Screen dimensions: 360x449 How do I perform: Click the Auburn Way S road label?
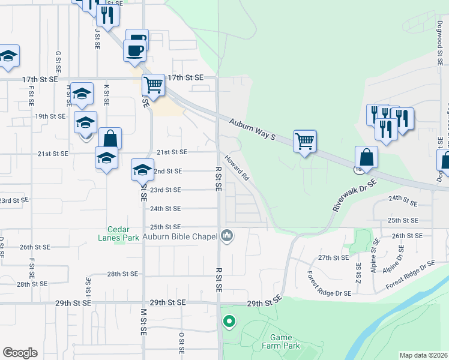pyautogui.click(x=252, y=129)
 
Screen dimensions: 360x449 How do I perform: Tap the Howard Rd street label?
pyautogui.click(x=237, y=167)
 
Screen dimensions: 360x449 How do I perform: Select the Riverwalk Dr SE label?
pyautogui.click(x=355, y=194)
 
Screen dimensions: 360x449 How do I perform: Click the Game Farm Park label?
pyautogui.click(x=281, y=342)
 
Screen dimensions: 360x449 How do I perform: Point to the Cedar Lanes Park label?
pyautogui.click(x=123, y=233)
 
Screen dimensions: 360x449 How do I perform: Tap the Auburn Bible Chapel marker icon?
pyautogui.click(x=226, y=236)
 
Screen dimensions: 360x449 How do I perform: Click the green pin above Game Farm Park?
pyautogui.click(x=229, y=322)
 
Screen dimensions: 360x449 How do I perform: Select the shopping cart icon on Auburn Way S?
pyautogui.click(x=305, y=142)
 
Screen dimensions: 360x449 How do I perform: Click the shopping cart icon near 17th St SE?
pyautogui.click(x=153, y=85)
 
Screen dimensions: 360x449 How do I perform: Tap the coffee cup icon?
pyautogui.click(x=134, y=50)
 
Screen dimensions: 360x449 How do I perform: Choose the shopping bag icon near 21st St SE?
pyautogui.click(x=110, y=139)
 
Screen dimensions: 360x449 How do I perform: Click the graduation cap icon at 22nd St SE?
pyautogui.click(x=142, y=169)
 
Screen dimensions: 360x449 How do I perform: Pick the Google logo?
pyautogui.click(x=20, y=353)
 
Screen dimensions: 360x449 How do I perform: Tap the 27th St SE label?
pyautogui.click(x=333, y=257)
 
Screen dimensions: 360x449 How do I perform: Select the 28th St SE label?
pyautogui.click(x=122, y=274)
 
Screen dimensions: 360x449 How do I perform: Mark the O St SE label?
pyautogui.click(x=181, y=343)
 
